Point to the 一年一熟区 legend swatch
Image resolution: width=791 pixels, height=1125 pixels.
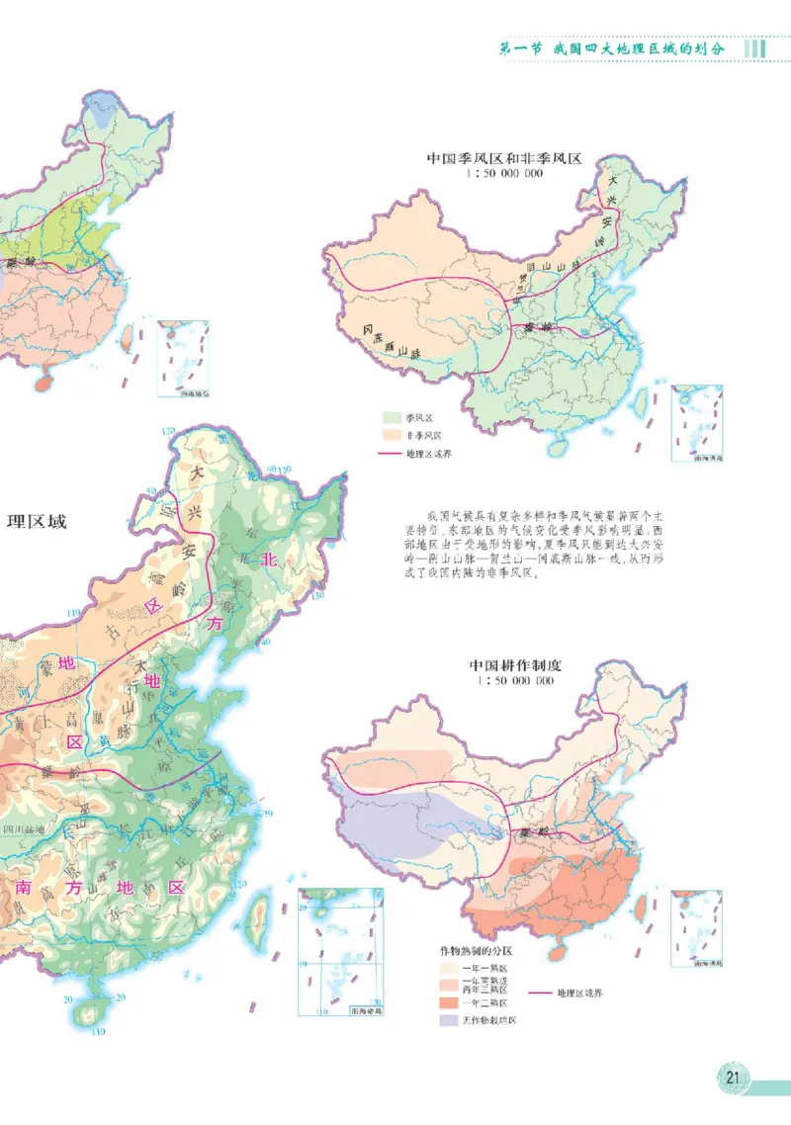[x=449, y=968]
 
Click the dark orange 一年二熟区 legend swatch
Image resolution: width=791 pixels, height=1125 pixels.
[x=449, y=1001]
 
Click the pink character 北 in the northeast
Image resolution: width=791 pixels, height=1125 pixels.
[x=266, y=560]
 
